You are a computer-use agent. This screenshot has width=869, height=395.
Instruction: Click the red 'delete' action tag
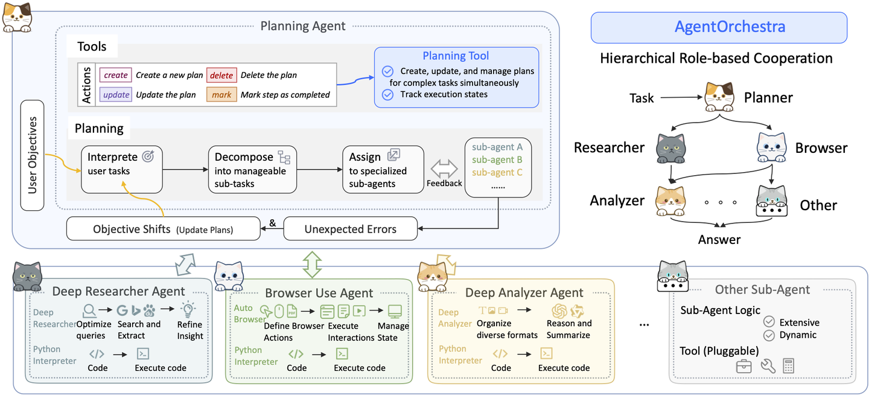(221, 75)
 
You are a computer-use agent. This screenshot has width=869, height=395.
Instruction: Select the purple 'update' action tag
(116, 95)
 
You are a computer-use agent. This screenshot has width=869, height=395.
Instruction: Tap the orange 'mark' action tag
(221, 95)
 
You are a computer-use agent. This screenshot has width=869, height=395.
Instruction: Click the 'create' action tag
(116, 75)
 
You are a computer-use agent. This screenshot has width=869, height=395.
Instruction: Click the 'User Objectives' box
(33, 155)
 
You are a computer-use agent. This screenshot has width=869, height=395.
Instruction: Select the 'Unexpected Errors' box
(350, 229)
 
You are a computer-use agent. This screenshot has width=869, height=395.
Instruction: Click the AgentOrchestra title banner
(719, 27)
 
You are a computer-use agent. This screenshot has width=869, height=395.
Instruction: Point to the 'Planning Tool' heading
(456, 56)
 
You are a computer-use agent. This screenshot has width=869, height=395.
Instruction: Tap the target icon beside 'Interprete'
(147, 156)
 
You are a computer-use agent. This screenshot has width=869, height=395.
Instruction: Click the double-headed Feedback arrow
(444, 168)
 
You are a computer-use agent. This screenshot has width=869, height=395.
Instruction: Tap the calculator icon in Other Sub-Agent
(788, 366)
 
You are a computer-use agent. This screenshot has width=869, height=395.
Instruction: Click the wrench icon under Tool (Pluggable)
(768, 366)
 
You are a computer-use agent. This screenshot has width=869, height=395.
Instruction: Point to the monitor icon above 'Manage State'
(395, 312)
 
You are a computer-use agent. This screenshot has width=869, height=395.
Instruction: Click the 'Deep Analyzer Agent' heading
(524, 293)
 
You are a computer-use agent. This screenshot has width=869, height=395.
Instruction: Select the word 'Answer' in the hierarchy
(719, 240)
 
